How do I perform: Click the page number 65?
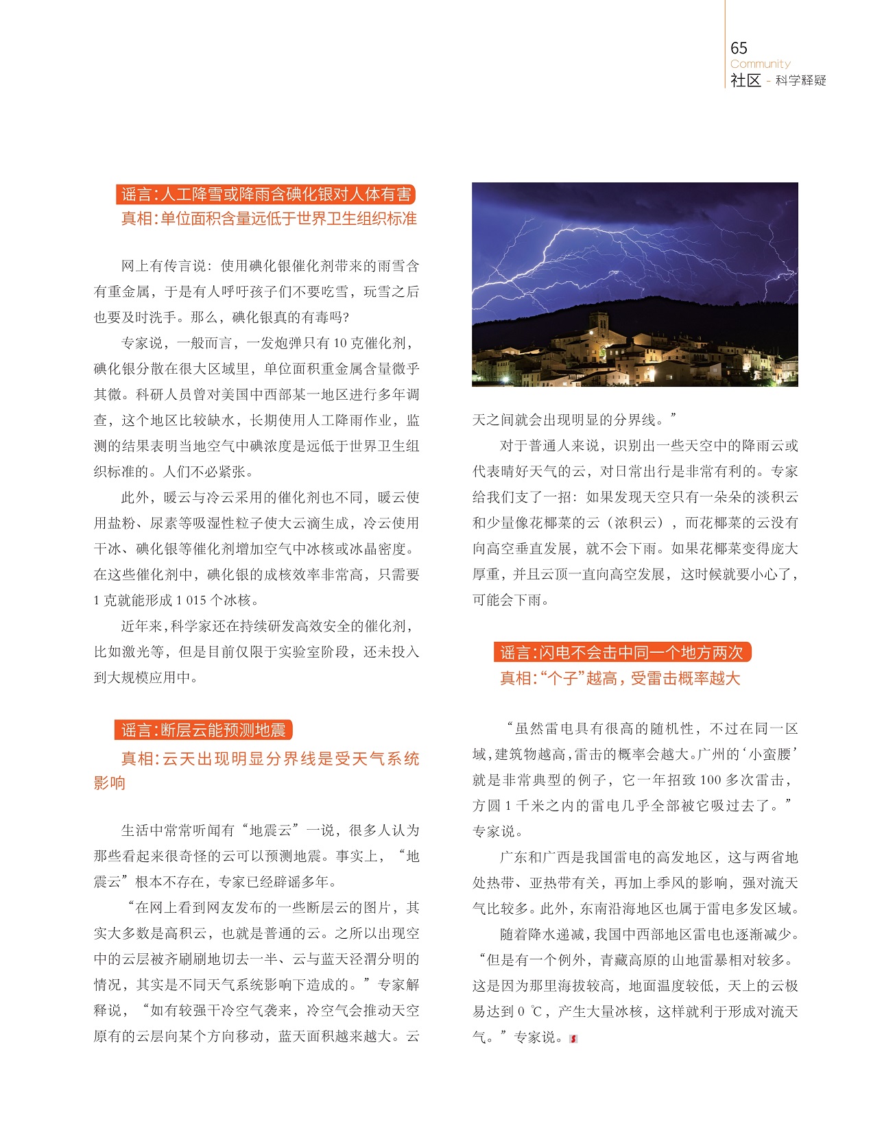point(739,48)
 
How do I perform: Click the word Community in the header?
point(760,64)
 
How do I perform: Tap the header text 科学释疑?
point(800,81)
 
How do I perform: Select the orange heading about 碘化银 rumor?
point(266,195)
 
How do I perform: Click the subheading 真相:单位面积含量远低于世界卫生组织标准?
point(269,219)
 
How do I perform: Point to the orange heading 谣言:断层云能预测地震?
point(204,730)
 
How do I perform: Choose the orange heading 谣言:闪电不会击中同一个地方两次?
point(621,652)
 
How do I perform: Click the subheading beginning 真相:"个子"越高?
point(620,678)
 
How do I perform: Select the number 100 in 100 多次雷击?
point(711,780)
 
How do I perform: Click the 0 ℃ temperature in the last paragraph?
point(529,1011)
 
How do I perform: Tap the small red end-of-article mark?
point(573,1039)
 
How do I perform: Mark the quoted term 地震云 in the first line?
point(274,830)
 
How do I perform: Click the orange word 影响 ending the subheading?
point(110,783)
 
